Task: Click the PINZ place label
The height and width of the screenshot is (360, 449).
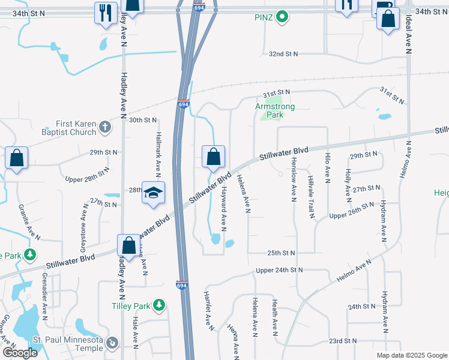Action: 265,17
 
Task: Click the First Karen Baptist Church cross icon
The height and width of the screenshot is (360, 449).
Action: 105,127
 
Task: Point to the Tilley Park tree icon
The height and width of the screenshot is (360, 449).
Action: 159,306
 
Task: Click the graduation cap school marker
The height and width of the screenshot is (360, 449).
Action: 153,193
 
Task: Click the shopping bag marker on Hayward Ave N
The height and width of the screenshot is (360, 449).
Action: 213,157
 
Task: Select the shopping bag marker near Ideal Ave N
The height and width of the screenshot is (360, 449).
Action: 388,20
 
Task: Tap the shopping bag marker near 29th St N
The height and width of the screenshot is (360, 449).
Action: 17,159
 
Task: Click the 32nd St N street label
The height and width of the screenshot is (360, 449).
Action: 283,53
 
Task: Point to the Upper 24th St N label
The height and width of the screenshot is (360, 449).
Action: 279,270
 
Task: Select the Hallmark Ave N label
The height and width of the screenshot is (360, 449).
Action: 159,149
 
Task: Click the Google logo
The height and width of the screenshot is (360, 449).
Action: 20,353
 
